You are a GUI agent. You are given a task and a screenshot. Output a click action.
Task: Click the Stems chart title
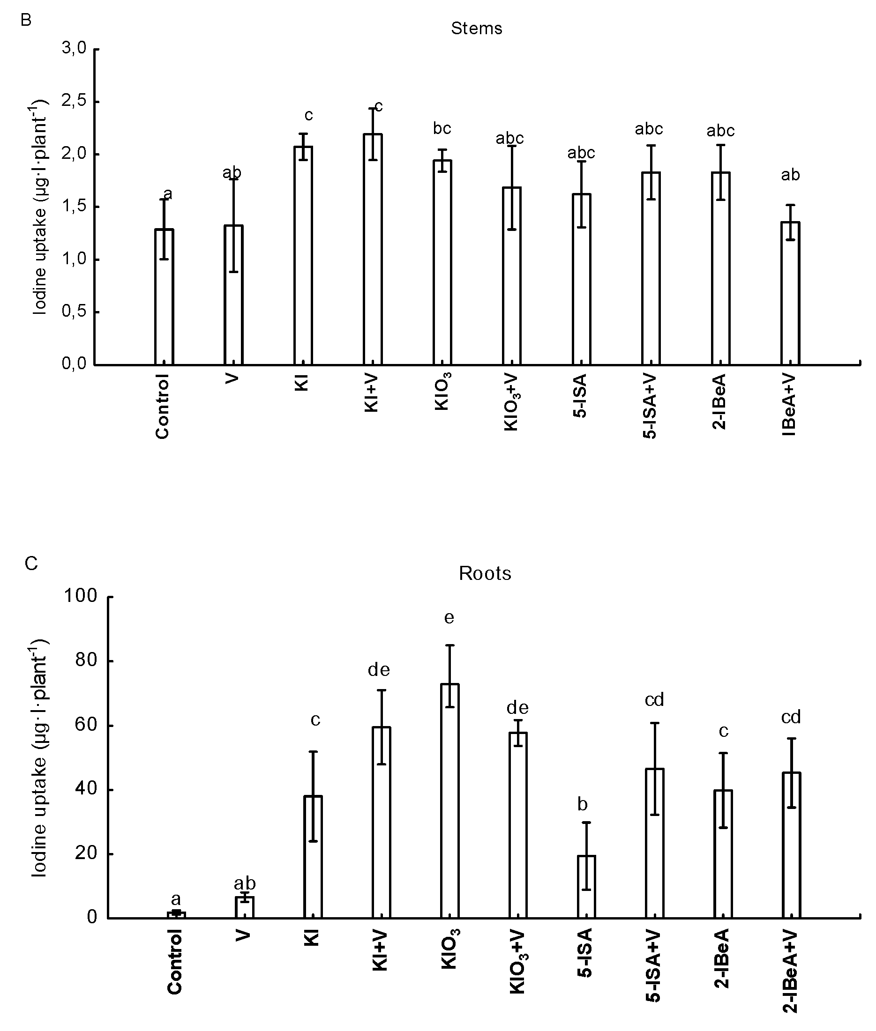pyautogui.click(x=476, y=28)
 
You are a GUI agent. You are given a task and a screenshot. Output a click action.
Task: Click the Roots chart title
pyautogui.click(x=485, y=573)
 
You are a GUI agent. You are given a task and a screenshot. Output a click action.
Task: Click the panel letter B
pyautogui.click(x=26, y=20)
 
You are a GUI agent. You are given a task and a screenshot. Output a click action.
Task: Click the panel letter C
pyautogui.click(x=31, y=564)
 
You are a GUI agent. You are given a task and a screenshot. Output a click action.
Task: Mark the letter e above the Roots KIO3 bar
pyautogui.click(x=449, y=617)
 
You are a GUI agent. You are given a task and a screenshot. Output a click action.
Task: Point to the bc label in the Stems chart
pyautogui.click(x=442, y=128)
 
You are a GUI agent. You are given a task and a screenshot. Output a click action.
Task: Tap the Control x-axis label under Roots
pyautogui.click(x=174, y=968)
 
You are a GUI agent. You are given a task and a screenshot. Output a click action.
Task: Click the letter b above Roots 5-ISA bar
pyautogui.click(x=583, y=804)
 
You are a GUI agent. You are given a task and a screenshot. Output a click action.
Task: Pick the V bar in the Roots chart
pyautogui.click(x=244, y=907)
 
